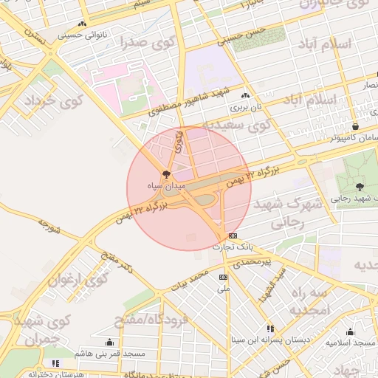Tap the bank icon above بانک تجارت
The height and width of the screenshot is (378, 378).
(x=233, y=236)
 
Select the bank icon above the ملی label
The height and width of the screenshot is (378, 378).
(x=223, y=277)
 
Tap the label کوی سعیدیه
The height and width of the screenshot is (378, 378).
(x=236, y=126)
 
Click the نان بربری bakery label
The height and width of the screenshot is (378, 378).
(x=245, y=106)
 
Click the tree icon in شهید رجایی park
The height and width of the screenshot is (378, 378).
(x=360, y=187)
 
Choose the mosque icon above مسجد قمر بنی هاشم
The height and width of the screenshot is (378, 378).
(x=110, y=342)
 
